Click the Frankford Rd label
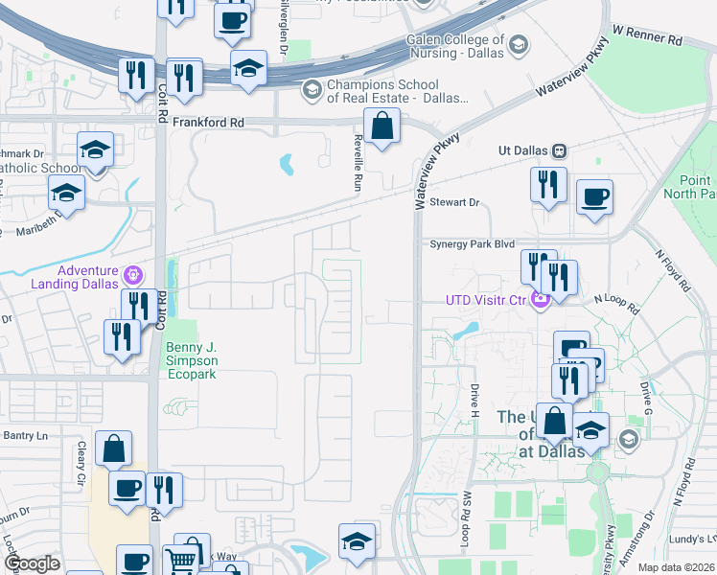click(x=210, y=124)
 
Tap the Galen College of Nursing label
click(x=454, y=46)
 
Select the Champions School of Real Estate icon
click(x=312, y=91)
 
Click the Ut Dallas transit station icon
click(x=559, y=150)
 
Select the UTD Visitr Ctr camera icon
click(x=540, y=300)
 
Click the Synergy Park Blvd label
click(x=473, y=244)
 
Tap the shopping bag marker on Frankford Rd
click(x=382, y=126)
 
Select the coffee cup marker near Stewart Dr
click(x=594, y=196)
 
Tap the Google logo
click(x=33, y=563)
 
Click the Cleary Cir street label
click(x=81, y=462)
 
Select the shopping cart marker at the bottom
click(x=180, y=560)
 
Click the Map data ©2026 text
click(x=677, y=567)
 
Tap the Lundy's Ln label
click(x=692, y=540)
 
